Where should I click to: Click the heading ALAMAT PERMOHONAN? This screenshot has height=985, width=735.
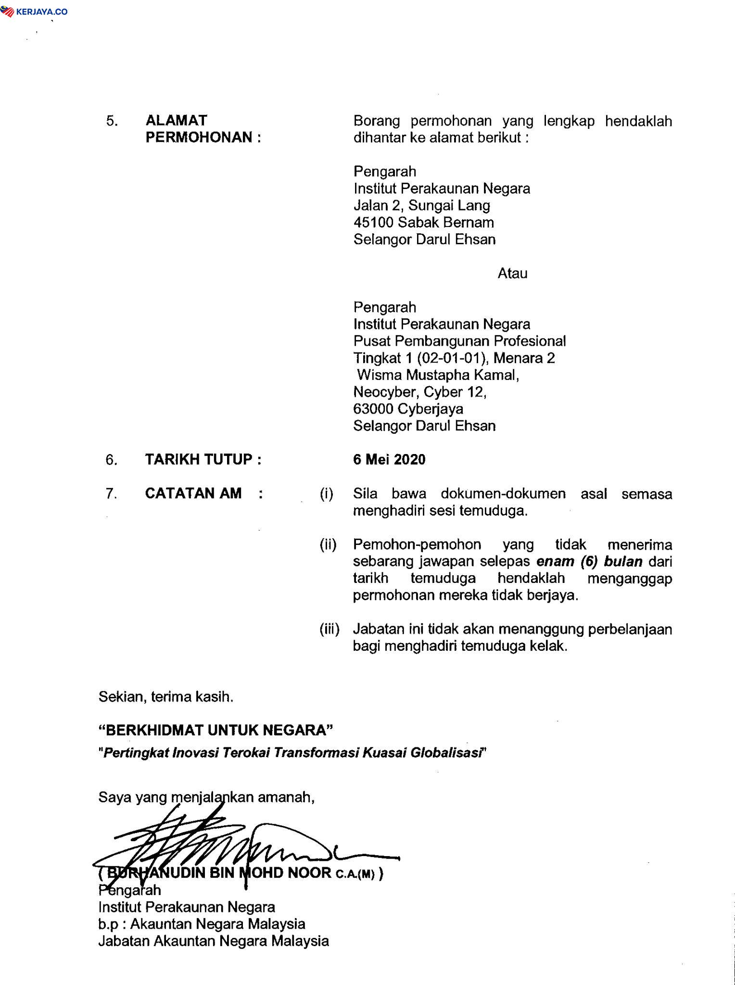[x=203, y=129]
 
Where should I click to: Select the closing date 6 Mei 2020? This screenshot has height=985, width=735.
[x=389, y=460]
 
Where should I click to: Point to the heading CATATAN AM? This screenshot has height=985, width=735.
[x=193, y=493]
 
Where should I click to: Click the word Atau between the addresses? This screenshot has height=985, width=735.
[x=512, y=274]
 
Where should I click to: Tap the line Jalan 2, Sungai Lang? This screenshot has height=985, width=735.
[x=422, y=205]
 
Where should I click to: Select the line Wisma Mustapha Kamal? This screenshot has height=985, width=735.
[x=437, y=375]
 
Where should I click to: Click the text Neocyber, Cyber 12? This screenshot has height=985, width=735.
[x=420, y=392]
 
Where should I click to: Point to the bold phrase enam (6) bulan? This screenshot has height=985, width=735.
[x=589, y=561]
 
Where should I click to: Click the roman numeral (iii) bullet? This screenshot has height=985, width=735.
[x=329, y=629]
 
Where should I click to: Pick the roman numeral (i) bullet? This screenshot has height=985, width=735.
[x=327, y=494]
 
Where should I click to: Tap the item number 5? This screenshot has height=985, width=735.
[x=112, y=121]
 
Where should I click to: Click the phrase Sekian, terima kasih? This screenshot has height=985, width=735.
[x=166, y=697]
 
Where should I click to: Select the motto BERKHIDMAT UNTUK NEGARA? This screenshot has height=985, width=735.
[x=215, y=731]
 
